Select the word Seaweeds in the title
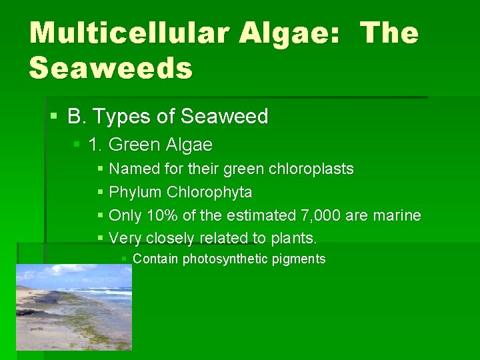111,68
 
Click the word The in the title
390,33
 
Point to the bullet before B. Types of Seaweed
54,117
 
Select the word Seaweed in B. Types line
224,117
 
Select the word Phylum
135,193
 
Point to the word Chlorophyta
209,193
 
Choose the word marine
397,215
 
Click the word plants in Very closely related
293,238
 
